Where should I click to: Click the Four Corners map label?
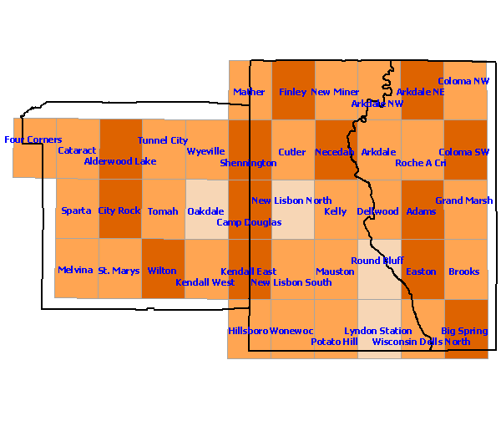tap(33, 139)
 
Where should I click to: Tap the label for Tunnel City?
tap(163, 140)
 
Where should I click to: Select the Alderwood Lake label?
tap(120, 161)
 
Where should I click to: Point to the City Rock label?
tap(119, 210)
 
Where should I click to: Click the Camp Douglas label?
tap(249, 222)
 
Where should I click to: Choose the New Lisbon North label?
tap(291, 200)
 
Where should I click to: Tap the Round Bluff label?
tap(377, 261)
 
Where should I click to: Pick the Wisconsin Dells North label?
tap(421, 342)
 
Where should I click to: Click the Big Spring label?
tap(464, 331)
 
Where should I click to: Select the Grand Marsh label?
tap(463, 200)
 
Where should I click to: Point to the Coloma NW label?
tap(463, 81)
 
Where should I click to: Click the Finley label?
tap(293, 92)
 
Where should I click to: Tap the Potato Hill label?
tap(334, 342)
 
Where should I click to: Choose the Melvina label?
tap(76, 270)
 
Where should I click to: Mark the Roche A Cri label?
tap(420, 163)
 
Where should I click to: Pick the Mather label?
tap(249, 92)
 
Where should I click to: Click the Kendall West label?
tap(205, 282)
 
